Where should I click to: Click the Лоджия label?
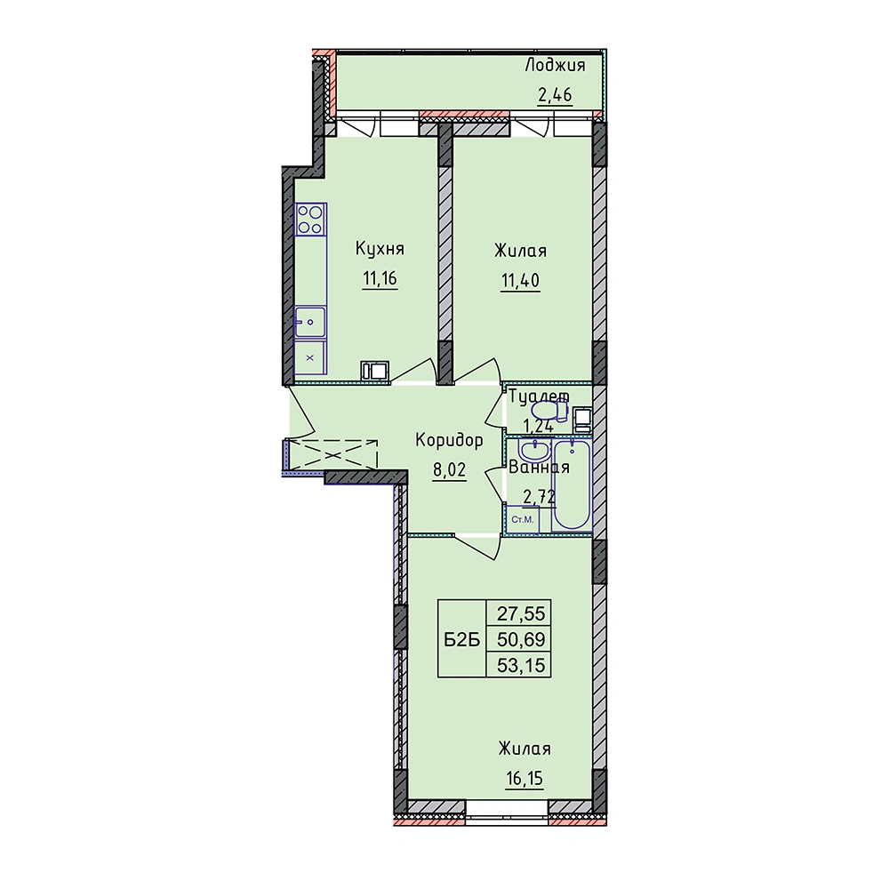pyautogui.click(x=555, y=67)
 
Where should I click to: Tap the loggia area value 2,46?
pyautogui.click(x=555, y=95)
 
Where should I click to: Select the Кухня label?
pyautogui.click(x=380, y=249)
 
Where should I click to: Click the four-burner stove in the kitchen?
pyautogui.click(x=310, y=220)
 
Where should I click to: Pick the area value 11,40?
pyautogui.click(x=520, y=280)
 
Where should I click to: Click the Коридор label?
pyautogui.click(x=449, y=441)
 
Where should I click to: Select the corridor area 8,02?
pyautogui.click(x=450, y=471)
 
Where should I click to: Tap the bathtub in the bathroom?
pyautogui.click(x=572, y=485)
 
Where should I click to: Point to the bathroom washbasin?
pyautogui.click(x=533, y=451)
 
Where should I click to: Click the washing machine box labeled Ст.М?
pyautogui.click(x=522, y=519)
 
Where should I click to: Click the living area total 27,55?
pyautogui.click(x=520, y=613)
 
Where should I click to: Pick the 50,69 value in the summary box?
pyautogui.click(x=520, y=639)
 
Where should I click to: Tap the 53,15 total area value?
pyautogui.click(x=520, y=664)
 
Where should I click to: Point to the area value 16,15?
pyautogui.click(x=525, y=779)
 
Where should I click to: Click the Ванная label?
pyautogui.click(x=539, y=468)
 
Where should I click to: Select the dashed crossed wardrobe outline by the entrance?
pyautogui.click(x=333, y=454)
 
